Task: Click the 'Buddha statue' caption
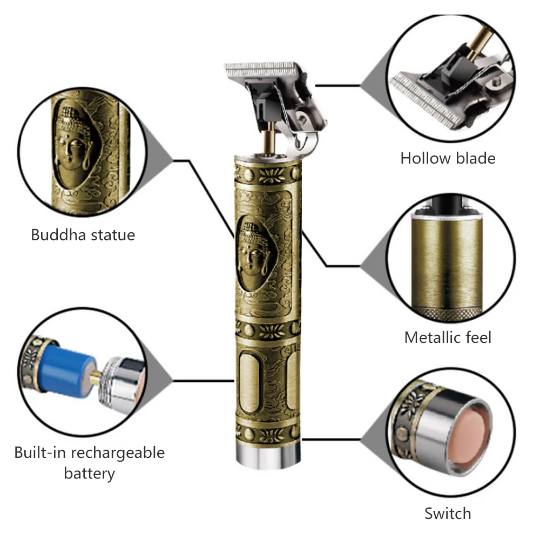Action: point(83,235)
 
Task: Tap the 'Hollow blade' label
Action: point(448,158)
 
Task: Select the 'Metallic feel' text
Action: point(448,337)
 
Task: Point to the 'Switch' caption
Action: point(448,513)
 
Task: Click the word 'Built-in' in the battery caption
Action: point(45,452)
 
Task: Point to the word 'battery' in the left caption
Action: point(89,474)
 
